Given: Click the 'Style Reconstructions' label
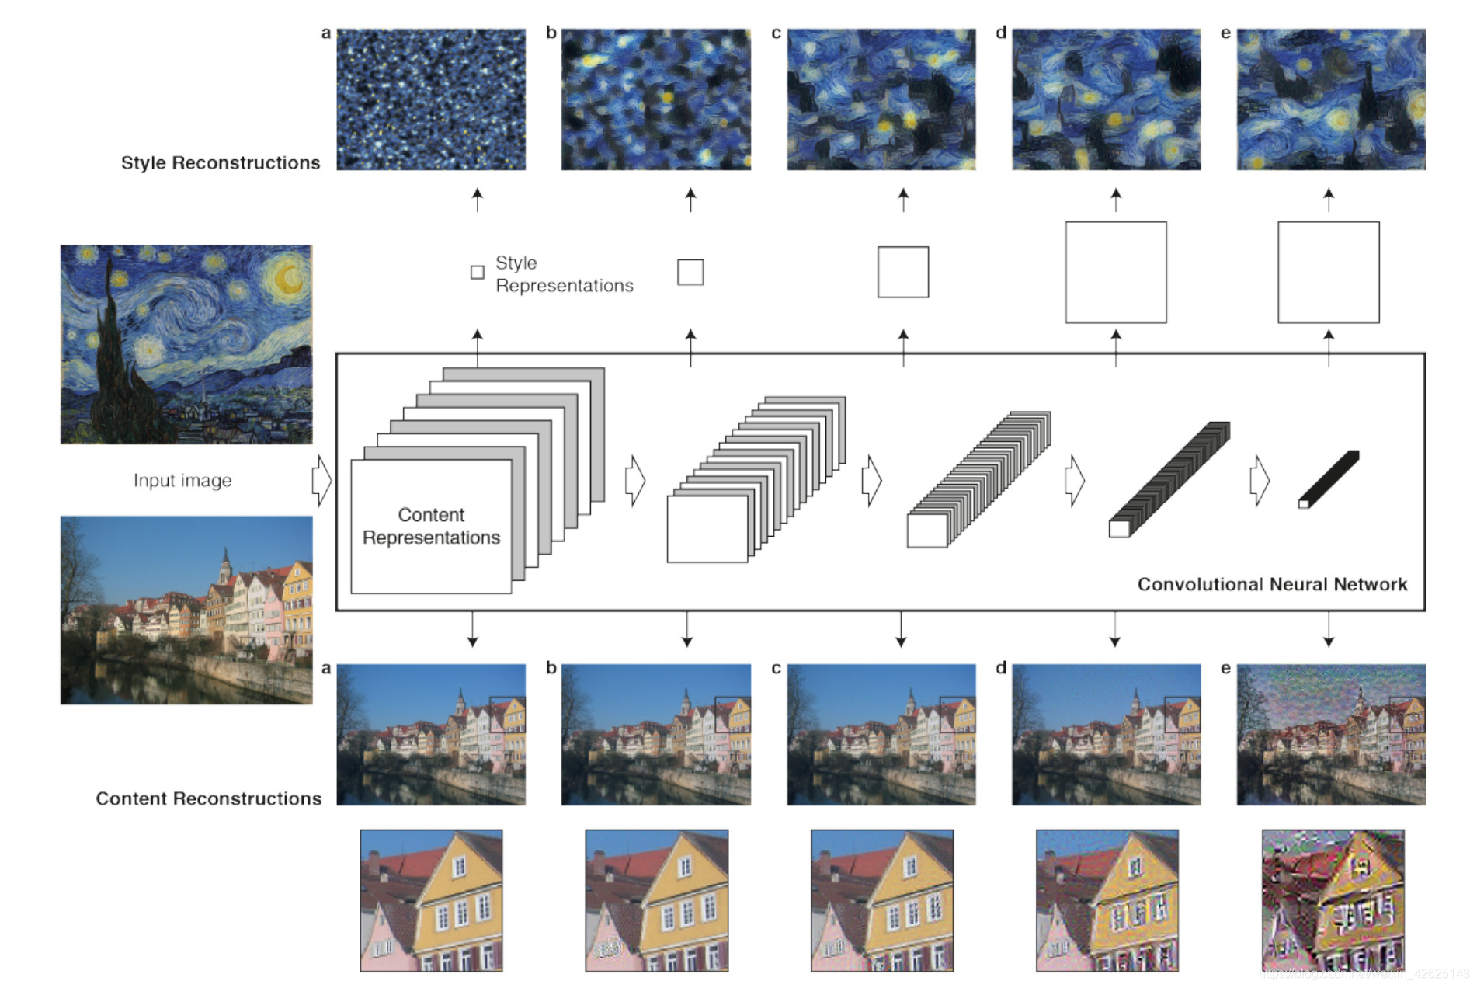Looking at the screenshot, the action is point(221,163).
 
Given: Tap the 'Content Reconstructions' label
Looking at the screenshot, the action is point(208,798).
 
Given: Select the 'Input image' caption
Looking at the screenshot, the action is point(182,481).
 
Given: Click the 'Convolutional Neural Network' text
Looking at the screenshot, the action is point(1272,584).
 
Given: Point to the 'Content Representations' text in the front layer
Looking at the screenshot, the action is point(431,527).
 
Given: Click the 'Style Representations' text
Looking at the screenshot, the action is point(564,274).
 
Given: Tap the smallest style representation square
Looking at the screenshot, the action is point(478,273).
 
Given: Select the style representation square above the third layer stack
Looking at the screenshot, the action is point(902,272).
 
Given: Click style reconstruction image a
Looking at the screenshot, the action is point(431,99).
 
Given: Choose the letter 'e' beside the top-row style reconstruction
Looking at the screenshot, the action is point(1225,33).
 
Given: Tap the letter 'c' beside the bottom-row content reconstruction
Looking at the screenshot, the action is point(776,668).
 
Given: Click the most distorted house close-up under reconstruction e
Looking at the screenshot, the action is point(1333,900).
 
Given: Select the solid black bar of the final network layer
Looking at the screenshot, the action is point(1329,478).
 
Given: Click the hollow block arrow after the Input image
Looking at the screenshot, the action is point(321,481).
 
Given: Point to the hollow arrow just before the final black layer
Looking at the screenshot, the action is point(1259,481).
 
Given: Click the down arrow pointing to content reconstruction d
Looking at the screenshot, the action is point(1114,629).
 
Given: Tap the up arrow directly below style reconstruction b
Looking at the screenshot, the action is point(690,199).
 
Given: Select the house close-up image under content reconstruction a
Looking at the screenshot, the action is point(431,900).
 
